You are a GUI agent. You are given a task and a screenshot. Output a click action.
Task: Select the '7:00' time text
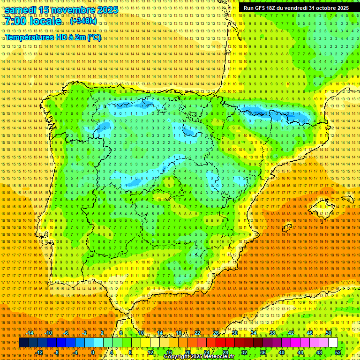[16, 22]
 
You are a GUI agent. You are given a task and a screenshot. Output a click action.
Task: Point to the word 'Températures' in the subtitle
[29, 37]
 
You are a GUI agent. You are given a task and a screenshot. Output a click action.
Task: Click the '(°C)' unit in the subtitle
[94, 37]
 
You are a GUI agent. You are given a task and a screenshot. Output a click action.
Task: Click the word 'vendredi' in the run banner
[293, 8]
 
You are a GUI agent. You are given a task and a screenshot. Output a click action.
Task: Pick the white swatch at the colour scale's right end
[333, 343]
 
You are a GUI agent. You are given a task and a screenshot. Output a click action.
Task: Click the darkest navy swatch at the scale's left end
[23, 343]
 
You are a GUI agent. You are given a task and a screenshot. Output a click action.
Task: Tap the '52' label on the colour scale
[338, 352]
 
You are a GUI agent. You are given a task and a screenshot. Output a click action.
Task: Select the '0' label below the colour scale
[93, 352]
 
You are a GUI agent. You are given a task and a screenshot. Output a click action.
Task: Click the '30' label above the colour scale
[235, 333]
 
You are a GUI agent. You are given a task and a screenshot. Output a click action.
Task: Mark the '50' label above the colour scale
[329, 333]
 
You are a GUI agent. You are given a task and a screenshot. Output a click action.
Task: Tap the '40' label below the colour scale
[281, 352]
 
